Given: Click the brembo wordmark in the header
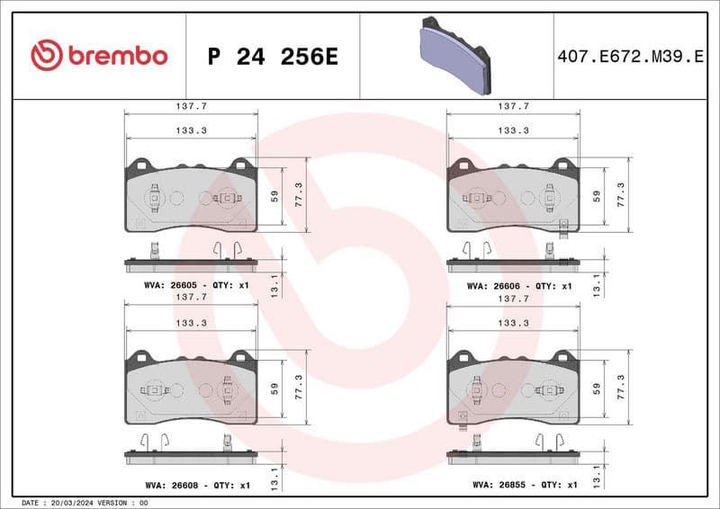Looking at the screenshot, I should point(117,56).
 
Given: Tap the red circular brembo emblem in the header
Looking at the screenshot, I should point(47,56).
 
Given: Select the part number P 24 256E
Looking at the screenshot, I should point(272,57).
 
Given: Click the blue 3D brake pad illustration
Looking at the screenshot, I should point(456,56).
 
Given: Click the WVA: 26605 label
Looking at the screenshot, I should point(167,285).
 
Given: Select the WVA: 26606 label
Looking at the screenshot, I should point(492,285).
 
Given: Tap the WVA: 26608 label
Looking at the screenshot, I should point(167,485).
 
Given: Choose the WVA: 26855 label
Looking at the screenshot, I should point(492,485).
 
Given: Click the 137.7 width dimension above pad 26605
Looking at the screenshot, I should point(190,106).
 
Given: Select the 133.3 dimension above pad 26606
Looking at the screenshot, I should point(513,130).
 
